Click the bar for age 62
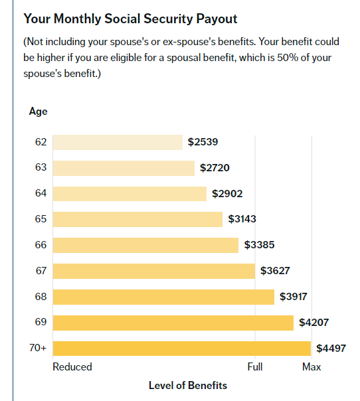pos(118,143)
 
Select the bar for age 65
pos(137,219)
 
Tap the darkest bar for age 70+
pos(182,349)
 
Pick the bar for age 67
pos(154,271)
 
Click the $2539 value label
pos(203,142)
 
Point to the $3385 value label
pos(259,245)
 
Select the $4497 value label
pos(331,349)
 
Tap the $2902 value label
pos(227,194)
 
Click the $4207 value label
pos(314,323)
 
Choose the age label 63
pos(41,167)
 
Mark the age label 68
pos(41,297)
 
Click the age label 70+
pos(38,348)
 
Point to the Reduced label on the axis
pos(72,367)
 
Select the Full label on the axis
pos(255,367)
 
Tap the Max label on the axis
pos(312,367)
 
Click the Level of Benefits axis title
pos(188,386)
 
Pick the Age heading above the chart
pos(38,112)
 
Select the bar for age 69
pos(173,323)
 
